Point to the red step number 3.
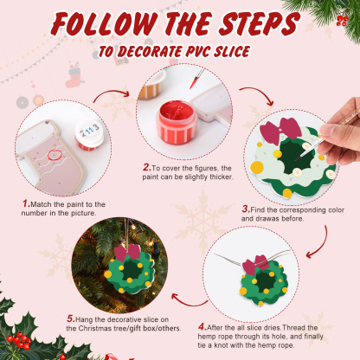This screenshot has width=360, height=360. point(246,208)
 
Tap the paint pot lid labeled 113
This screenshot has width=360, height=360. point(89,130)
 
